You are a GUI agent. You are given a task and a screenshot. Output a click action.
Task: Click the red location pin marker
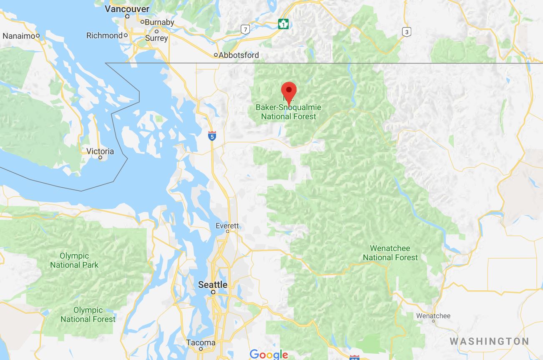tap(289, 91)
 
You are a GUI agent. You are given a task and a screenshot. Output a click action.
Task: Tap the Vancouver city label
tap(127, 9)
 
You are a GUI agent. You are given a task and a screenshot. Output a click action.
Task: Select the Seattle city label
tap(213, 285)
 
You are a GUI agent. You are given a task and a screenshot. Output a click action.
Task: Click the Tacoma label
tap(201, 343)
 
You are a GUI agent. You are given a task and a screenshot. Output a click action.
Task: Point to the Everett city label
tap(227, 226)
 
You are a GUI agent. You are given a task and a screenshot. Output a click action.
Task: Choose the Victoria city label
tap(101, 151)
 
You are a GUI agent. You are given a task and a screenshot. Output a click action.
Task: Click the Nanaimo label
tap(19, 36)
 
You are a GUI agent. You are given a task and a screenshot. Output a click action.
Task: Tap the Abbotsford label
tap(239, 55)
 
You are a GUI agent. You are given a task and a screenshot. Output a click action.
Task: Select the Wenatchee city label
tap(433, 316)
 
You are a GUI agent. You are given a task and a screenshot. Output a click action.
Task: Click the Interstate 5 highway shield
tap(212, 135)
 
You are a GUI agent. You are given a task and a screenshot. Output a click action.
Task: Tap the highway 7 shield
tap(245, 29)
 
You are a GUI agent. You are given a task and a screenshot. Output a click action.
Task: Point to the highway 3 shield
tap(406, 31)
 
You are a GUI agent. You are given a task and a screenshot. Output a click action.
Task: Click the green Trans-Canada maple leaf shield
tap(284, 24)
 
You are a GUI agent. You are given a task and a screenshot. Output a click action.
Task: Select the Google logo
tap(269, 355)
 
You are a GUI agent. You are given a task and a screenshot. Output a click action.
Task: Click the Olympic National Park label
tap(74, 260)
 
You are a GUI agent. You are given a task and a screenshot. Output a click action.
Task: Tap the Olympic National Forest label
tap(88, 315)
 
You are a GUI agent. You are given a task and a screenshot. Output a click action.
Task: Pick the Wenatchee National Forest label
tap(390, 253)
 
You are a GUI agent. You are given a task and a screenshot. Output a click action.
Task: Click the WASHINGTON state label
tap(489, 341)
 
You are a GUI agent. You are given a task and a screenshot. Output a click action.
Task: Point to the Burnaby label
tap(159, 22)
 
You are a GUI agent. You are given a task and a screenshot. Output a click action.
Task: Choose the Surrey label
tap(156, 38)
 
